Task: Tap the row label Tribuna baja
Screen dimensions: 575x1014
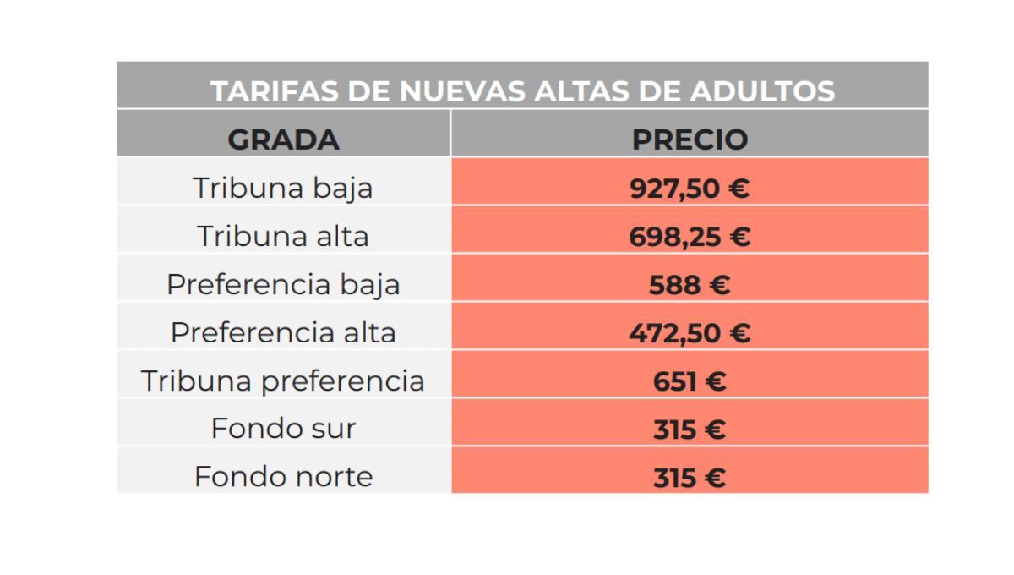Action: [283, 188]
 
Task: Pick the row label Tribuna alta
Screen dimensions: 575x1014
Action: [283, 236]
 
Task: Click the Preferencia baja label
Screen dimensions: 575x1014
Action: [283, 285]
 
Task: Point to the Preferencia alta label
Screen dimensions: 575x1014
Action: [283, 331]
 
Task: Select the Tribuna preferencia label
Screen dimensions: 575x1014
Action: [283, 381]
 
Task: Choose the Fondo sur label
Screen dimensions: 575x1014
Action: [283, 429]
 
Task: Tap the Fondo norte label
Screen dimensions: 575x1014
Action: [283, 477]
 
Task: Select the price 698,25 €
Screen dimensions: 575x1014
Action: [690, 237]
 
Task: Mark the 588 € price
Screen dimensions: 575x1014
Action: [690, 285]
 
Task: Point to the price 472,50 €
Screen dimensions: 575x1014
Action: [690, 333]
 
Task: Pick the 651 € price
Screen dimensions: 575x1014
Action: [690, 381]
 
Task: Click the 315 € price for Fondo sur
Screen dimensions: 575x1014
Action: [690, 430]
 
